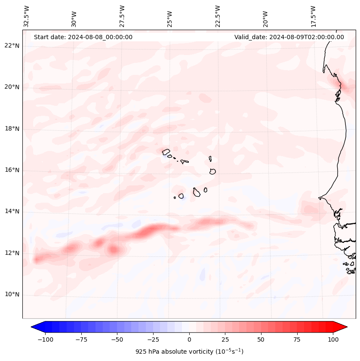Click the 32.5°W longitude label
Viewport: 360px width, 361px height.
click(27, 16)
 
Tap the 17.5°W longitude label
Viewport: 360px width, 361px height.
click(313, 16)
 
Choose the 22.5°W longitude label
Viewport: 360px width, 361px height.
click(218, 16)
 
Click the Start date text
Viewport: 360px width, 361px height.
click(83, 37)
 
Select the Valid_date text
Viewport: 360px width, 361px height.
click(289, 37)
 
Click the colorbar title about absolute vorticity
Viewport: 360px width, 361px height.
click(189, 352)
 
